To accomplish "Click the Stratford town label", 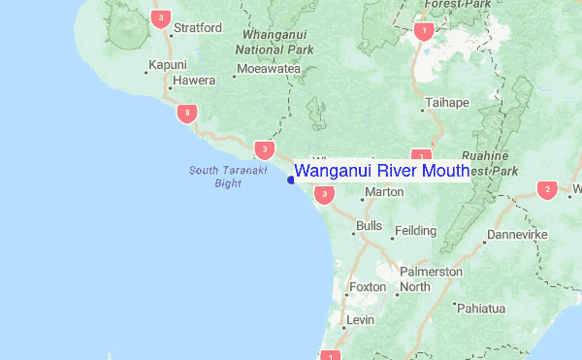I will [x=198, y=27].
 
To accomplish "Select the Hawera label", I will [x=193, y=81].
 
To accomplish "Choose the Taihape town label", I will [x=445, y=101].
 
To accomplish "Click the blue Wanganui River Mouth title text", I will [x=381, y=171].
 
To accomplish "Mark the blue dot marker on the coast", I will [x=291, y=179].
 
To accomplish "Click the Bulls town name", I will [x=369, y=226].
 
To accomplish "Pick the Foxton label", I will [x=367, y=287].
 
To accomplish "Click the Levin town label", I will [x=360, y=319].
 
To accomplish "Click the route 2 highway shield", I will [x=547, y=189].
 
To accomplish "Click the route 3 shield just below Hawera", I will [x=187, y=114].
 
